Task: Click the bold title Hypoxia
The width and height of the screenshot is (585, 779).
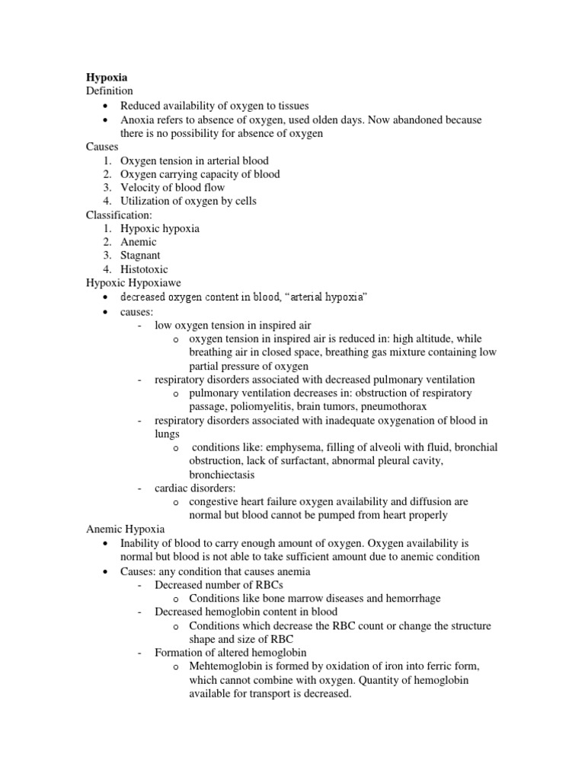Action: pyautogui.click(x=106, y=78)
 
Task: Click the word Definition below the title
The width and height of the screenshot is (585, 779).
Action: pyautogui.click(x=109, y=91)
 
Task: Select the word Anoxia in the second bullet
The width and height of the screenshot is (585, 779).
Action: pyautogui.click(x=137, y=119)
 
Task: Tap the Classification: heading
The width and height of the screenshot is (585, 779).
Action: pyautogui.click(x=118, y=215)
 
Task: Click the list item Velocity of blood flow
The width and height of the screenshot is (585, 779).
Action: pyautogui.click(x=173, y=187)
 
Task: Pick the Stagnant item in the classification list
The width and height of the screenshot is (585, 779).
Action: pyautogui.click(x=140, y=256)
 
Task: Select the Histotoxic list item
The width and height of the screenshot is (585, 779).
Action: pyautogui.click(x=144, y=269)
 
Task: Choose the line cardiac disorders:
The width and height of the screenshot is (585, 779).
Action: pyautogui.click(x=195, y=488)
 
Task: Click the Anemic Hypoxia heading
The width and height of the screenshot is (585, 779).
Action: pyautogui.click(x=125, y=529)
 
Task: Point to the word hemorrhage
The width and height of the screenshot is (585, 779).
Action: pyautogui.click(x=410, y=598)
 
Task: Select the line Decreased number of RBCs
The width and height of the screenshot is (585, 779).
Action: pyautogui.click(x=219, y=584)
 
